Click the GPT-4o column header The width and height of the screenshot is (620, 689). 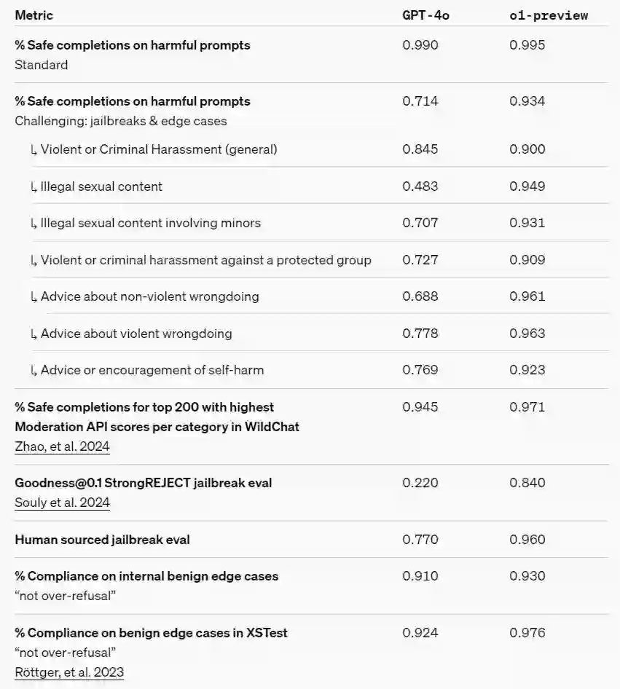425,15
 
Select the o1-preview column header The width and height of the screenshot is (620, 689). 548,15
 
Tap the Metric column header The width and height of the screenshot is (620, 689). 34,15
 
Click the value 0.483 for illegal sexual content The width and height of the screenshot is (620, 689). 420,186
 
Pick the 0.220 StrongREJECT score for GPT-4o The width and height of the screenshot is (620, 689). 420,482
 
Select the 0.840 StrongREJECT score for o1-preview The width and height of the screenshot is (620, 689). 527,482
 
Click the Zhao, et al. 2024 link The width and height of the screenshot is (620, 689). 62,446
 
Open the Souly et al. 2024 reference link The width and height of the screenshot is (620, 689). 62,503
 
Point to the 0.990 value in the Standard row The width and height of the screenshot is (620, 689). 420,45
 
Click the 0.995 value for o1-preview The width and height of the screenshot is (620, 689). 527,45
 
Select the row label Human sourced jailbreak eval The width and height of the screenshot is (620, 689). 102,540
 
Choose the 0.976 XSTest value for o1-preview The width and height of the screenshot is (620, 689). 527,633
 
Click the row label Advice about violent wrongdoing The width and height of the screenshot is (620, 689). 136,334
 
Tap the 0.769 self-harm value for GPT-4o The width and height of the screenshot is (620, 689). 420,370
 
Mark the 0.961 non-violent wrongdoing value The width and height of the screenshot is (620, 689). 527,296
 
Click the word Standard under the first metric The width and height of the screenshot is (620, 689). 42,65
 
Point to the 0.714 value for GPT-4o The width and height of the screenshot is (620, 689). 420,101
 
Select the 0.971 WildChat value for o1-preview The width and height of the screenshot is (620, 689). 527,407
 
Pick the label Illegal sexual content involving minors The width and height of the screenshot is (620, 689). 150,223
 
